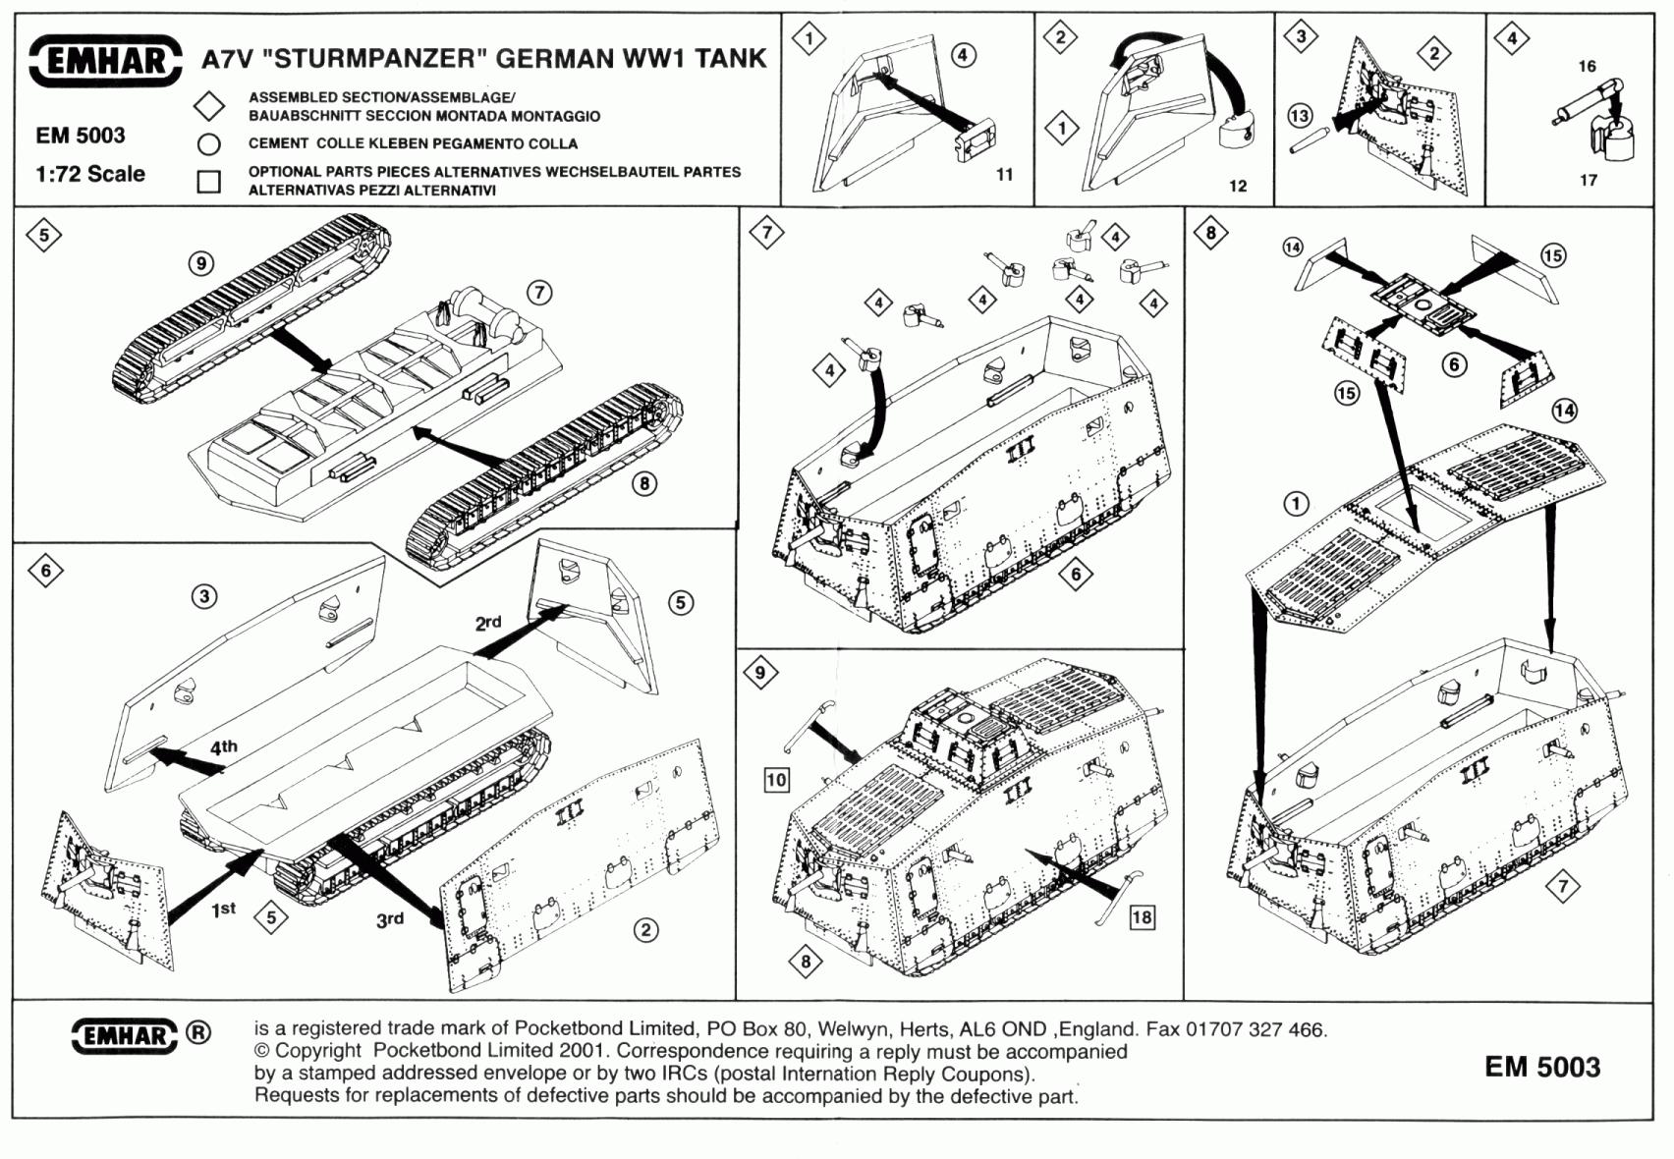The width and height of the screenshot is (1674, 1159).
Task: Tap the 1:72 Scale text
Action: point(90,174)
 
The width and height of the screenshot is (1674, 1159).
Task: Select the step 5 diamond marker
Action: point(44,235)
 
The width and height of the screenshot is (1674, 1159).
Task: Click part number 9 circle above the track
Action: point(201,263)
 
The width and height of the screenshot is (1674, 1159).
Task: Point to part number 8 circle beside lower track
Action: point(644,483)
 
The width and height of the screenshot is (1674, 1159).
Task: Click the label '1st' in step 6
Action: point(224,910)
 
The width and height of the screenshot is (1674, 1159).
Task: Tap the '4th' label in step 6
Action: point(224,747)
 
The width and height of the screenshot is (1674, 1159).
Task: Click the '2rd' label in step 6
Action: point(488,623)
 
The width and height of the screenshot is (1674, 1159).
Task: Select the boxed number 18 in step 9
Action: point(1142,917)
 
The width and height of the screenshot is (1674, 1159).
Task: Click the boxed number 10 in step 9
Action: point(776,780)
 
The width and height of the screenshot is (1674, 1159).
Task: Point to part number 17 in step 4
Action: point(1589,180)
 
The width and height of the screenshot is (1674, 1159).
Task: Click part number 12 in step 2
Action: point(1238,186)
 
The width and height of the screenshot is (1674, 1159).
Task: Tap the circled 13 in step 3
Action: point(1300,116)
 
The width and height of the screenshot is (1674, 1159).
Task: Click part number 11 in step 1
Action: point(1004,174)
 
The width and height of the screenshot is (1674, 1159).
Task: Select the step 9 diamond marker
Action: point(760,673)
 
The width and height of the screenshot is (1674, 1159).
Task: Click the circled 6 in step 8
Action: point(1454,364)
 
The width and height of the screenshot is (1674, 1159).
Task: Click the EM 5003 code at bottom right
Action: point(1542,1067)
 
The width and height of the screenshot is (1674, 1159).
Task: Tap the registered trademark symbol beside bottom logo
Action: point(198,1032)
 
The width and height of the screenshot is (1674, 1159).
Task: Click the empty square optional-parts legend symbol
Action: point(208,182)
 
